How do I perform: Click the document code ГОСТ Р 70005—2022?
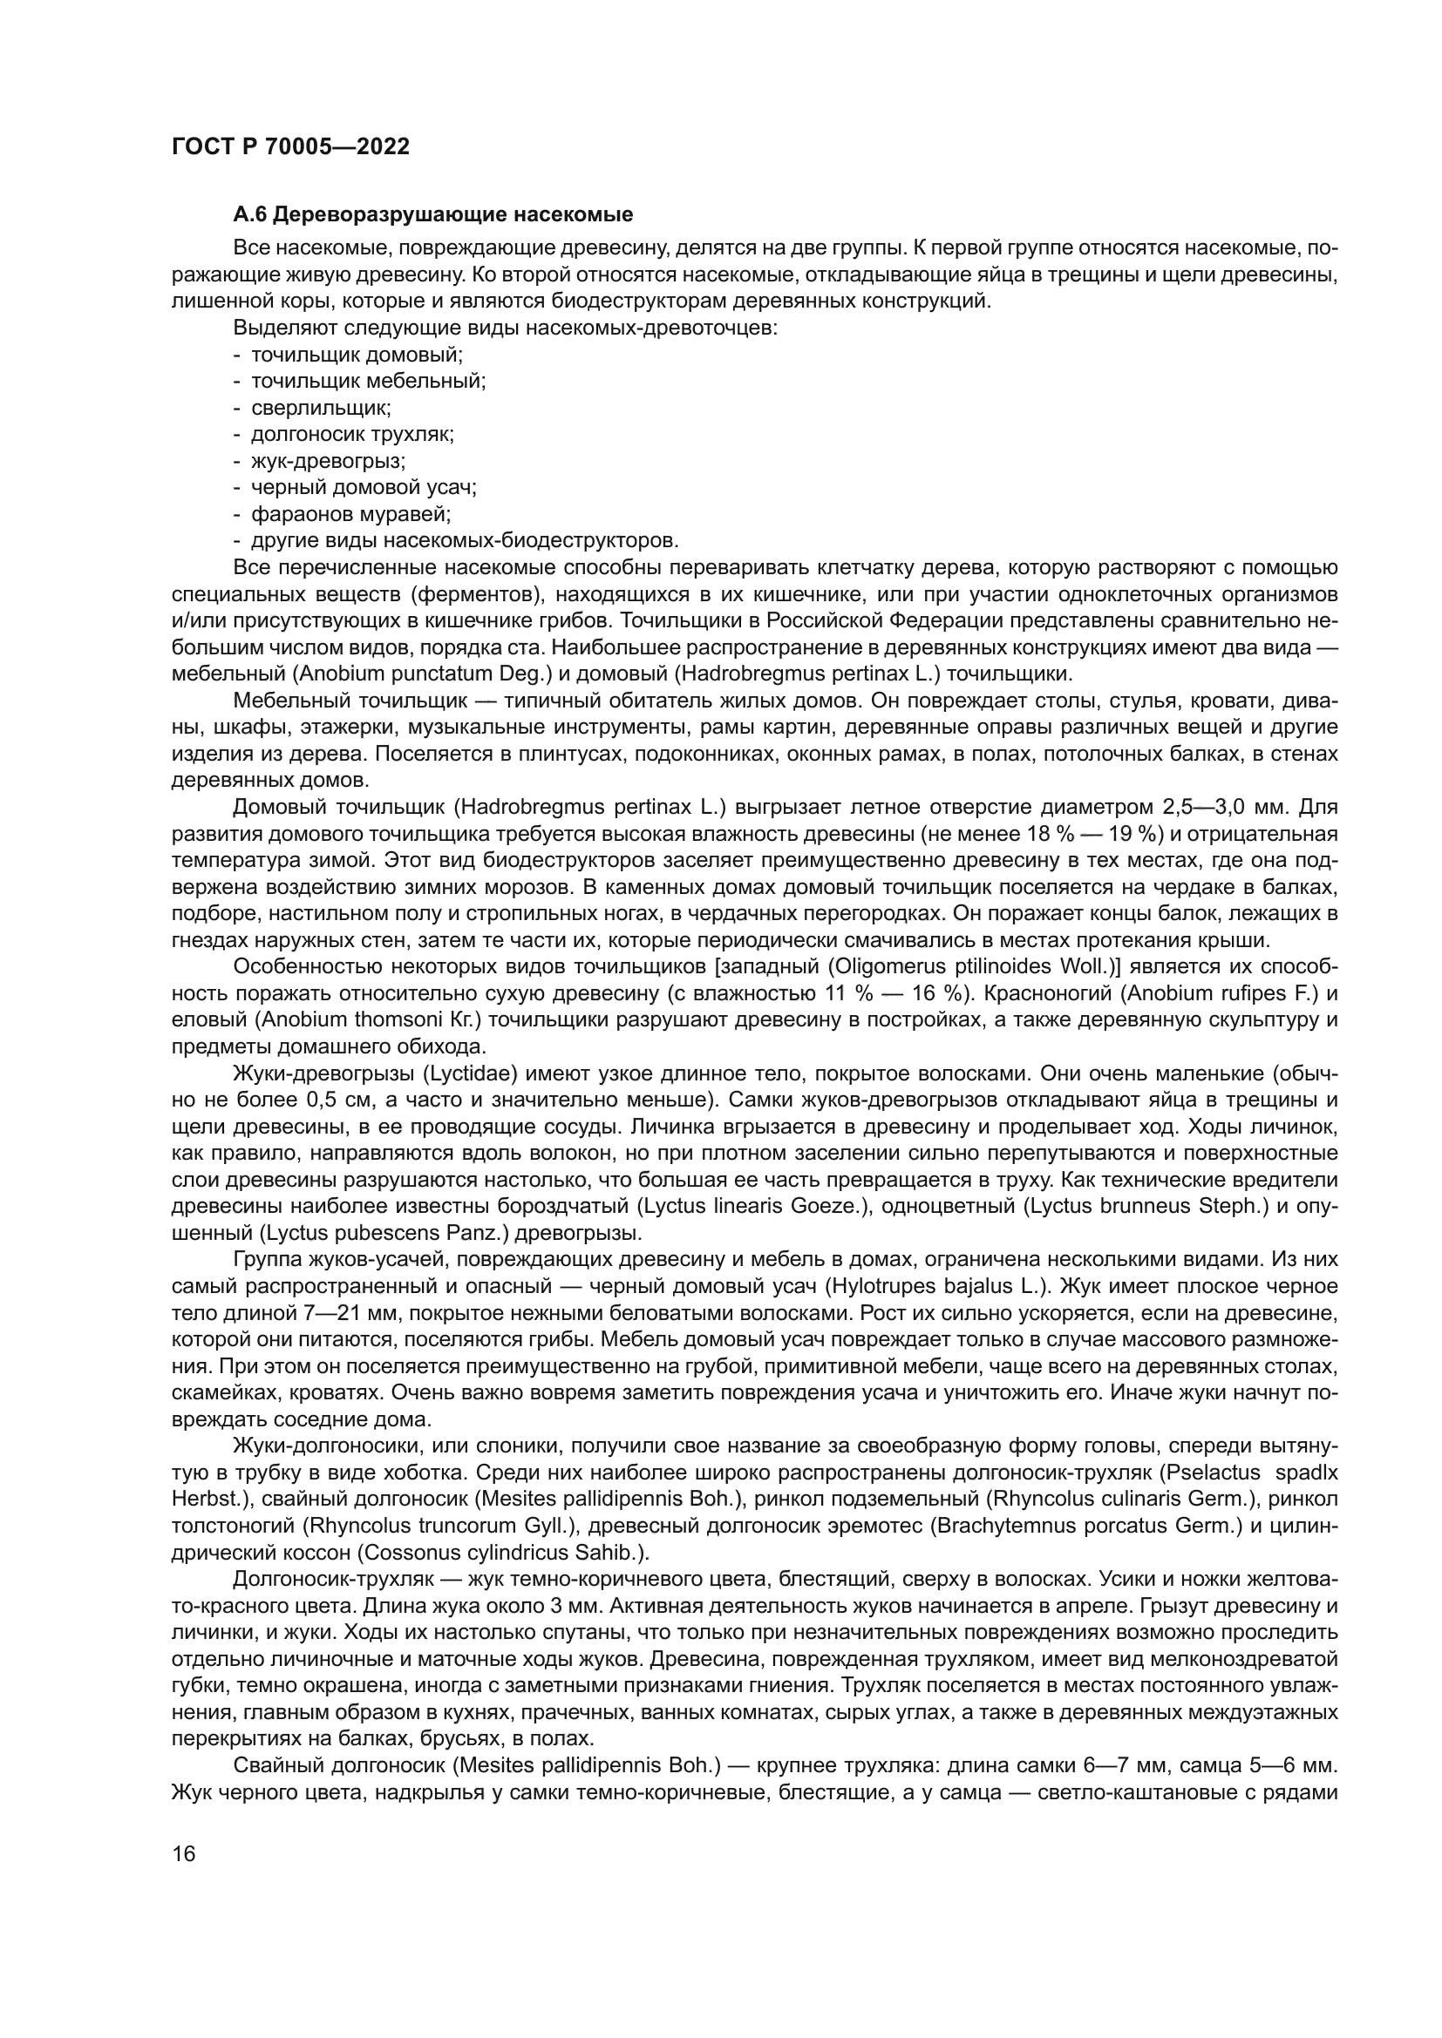click(290, 147)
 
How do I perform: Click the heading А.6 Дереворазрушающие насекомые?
click(432, 215)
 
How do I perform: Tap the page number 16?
click(184, 1853)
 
